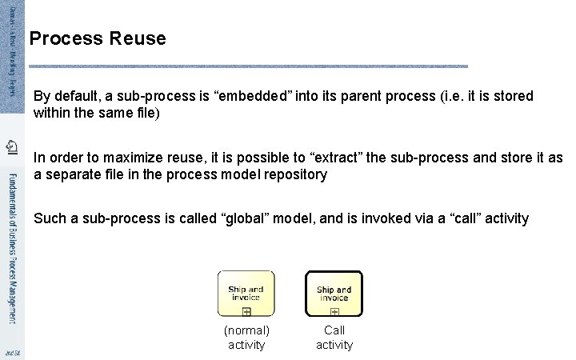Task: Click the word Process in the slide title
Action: pos(67,38)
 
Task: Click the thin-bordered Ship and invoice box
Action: pos(246,294)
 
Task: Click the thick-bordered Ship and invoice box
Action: pos(334,294)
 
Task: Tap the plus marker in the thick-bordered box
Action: pos(334,311)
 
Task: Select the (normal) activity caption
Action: pos(246,337)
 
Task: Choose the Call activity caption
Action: pos(334,337)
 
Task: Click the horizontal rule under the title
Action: pos(248,66)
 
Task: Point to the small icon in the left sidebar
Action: pos(11,146)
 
